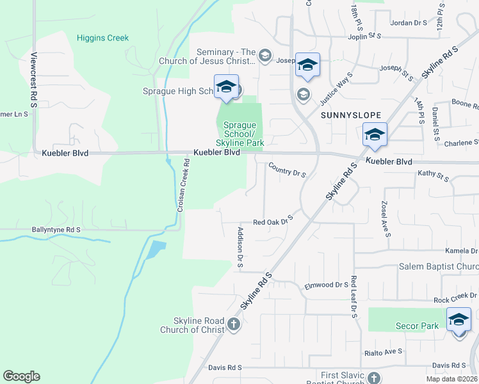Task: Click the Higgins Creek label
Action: click(102, 38)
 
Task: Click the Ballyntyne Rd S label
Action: click(56, 229)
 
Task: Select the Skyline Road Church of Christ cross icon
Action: click(234, 325)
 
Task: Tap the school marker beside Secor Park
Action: click(459, 320)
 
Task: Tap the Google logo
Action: click(21, 376)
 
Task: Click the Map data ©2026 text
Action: click(451, 379)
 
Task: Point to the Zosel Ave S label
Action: click(386, 218)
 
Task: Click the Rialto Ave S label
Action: click(383, 352)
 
